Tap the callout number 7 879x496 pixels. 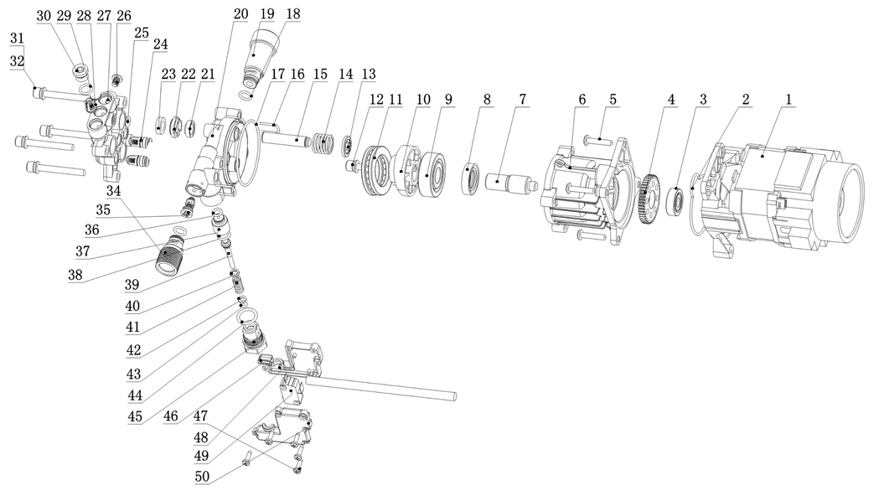tap(523, 99)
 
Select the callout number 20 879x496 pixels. tap(241, 14)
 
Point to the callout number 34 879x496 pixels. tap(112, 191)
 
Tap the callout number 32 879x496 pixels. tap(17, 60)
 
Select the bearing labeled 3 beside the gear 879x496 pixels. tap(675, 201)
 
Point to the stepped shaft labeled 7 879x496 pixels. tap(509, 182)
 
